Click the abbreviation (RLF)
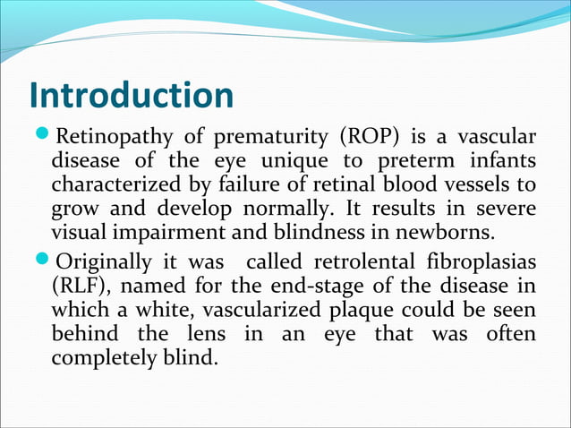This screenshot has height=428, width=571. coord(78,287)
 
